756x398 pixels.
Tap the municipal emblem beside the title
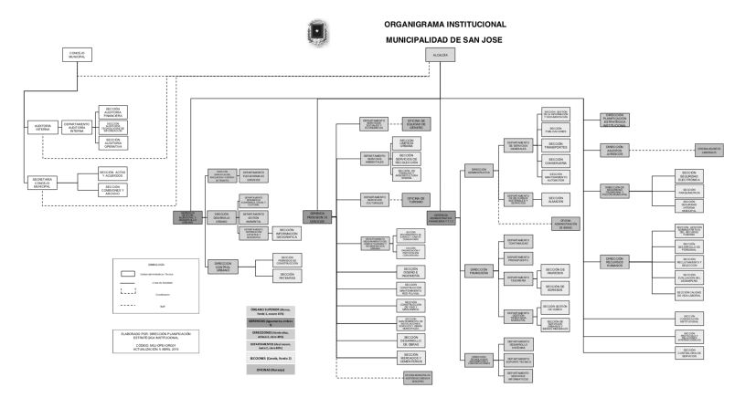pos(321,31)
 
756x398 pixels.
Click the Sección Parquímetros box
pos(689,193)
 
